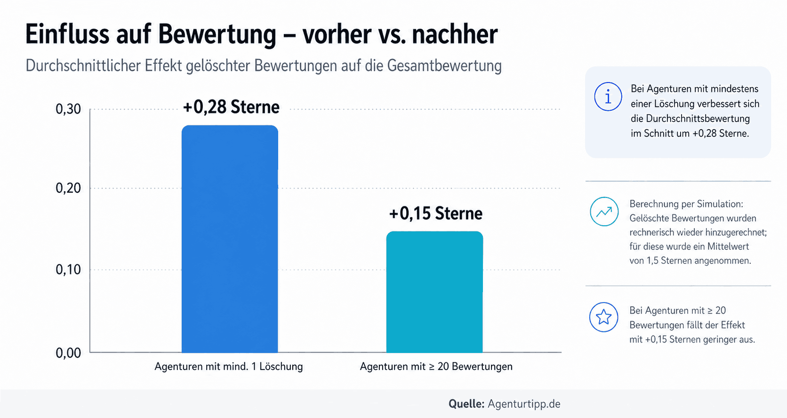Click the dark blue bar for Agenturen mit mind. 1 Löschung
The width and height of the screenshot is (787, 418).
coord(230,238)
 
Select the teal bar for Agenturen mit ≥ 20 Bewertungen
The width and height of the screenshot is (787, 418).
coord(434,292)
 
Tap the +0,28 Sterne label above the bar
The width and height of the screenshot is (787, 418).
coord(231,107)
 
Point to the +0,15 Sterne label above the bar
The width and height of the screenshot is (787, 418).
coord(435,213)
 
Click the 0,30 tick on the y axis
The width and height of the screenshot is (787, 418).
coord(68,109)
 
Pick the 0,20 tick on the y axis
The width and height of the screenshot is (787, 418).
coord(68,188)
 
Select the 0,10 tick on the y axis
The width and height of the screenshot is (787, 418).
coord(68,270)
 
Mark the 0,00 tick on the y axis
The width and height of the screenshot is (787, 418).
coord(68,352)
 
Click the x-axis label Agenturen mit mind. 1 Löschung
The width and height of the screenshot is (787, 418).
coord(229,367)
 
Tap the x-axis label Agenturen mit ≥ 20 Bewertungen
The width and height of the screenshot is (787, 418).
coord(436,367)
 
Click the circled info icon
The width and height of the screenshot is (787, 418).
coord(608,97)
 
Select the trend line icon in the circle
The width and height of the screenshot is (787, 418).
coord(604,212)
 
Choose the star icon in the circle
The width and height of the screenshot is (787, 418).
coord(603,317)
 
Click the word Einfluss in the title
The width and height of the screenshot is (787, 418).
coord(67,34)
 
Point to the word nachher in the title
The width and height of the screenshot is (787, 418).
coord(455,34)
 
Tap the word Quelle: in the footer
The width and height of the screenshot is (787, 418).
coord(466,404)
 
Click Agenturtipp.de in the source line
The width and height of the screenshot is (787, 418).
coord(524,404)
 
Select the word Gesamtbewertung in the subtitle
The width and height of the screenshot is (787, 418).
coord(444,66)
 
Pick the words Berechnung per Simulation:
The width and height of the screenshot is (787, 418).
coord(686,204)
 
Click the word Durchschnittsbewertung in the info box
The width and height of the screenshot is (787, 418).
coord(690,118)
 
